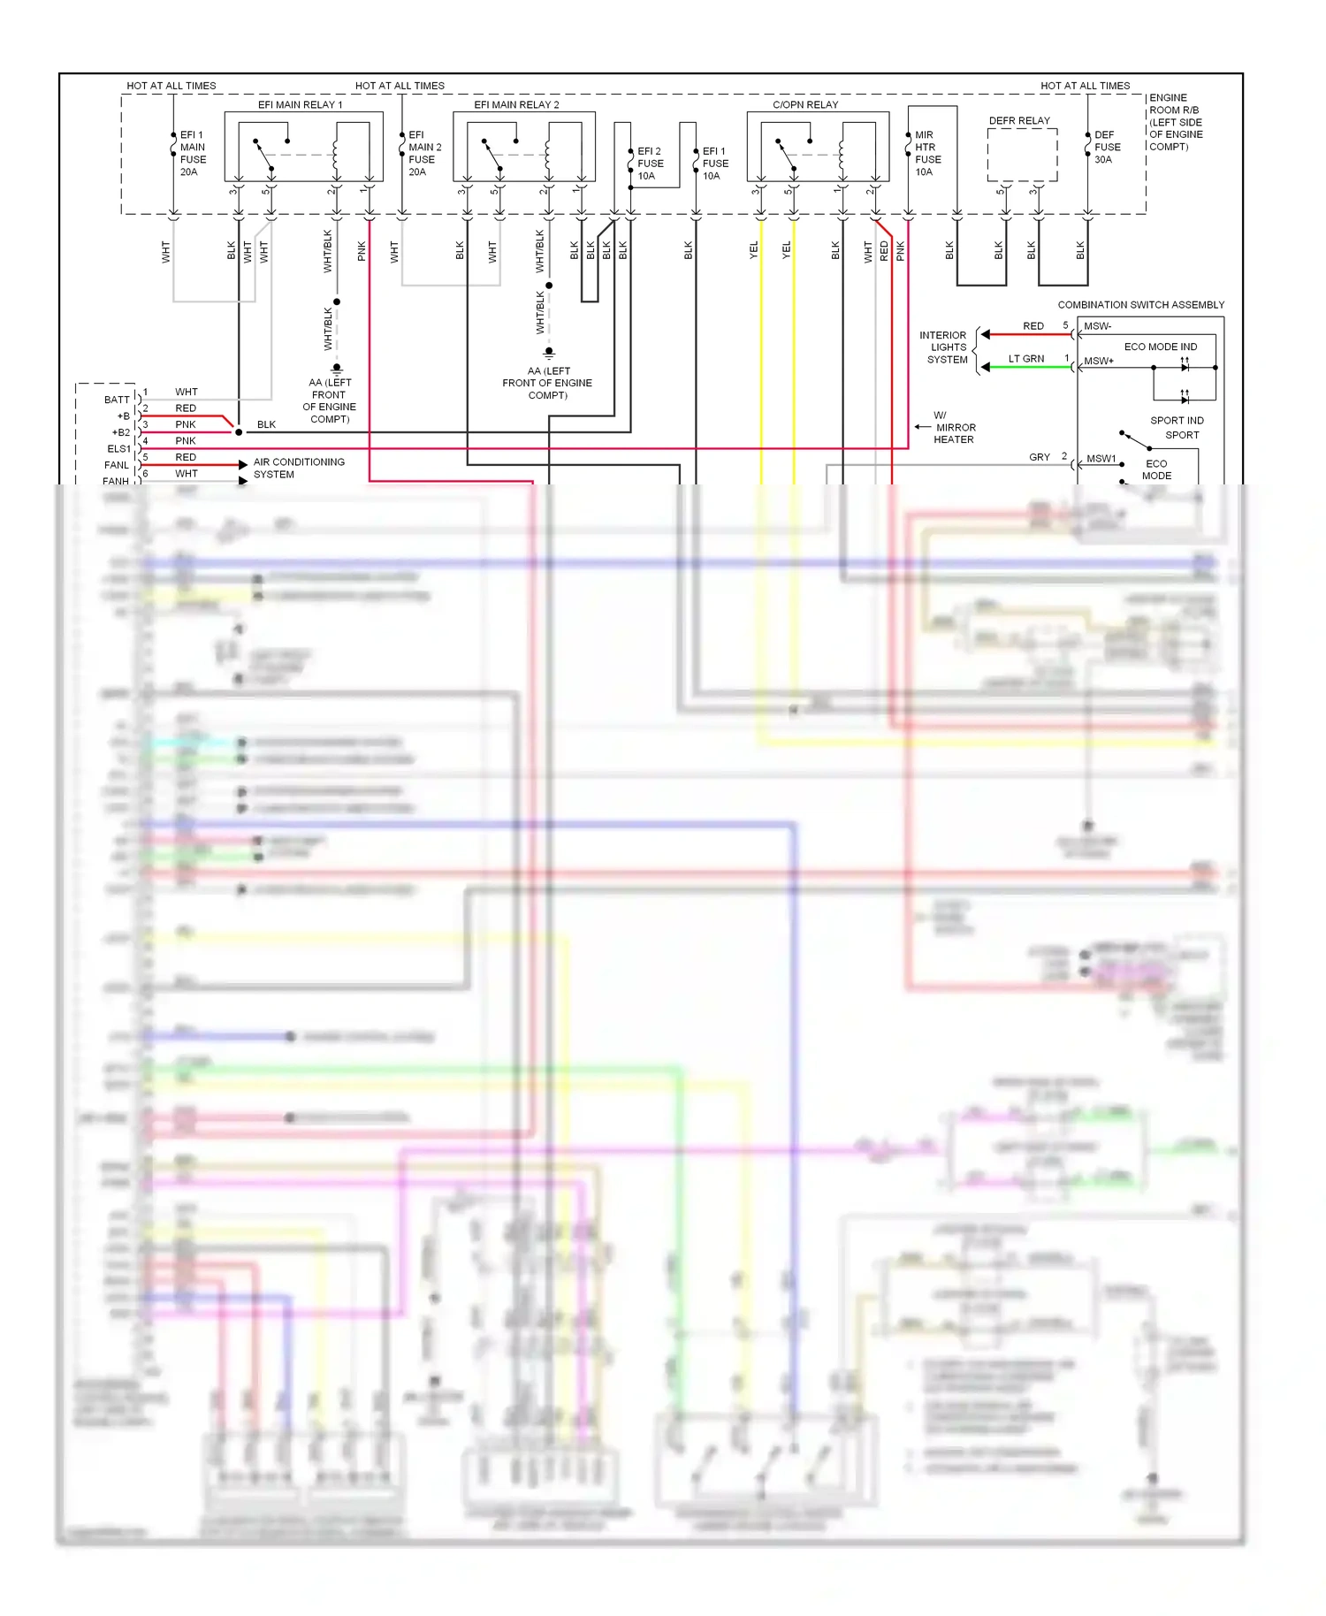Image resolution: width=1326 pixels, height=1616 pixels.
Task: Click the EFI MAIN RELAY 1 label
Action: (x=300, y=104)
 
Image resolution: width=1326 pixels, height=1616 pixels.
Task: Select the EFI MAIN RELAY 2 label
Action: (x=516, y=104)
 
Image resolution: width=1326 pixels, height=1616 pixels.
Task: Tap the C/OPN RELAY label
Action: (x=805, y=104)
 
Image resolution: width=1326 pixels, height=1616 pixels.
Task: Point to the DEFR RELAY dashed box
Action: (x=1022, y=155)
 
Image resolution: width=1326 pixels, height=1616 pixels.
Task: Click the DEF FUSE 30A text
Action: (x=1107, y=148)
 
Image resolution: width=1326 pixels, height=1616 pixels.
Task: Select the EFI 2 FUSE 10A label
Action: (x=650, y=164)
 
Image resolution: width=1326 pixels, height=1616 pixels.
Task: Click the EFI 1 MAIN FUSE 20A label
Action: (x=193, y=154)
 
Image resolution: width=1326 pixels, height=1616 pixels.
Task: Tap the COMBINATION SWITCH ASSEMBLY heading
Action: (x=1140, y=305)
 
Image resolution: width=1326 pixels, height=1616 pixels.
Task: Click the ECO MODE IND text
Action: (x=1160, y=347)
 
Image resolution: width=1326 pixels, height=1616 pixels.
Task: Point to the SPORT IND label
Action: (x=1177, y=421)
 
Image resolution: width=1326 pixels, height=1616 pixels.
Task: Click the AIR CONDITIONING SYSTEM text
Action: (x=298, y=468)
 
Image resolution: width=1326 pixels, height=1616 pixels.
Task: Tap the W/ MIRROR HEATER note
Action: (x=954, y=427)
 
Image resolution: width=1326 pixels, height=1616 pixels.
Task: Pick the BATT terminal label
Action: (x=117, y=400)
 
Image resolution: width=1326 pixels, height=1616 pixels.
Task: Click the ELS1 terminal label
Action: (x=118, y=449)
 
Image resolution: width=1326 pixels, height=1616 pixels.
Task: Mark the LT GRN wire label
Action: (x=1025, y=359)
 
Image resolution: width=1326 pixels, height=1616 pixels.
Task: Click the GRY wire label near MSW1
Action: (x=1039, y=457)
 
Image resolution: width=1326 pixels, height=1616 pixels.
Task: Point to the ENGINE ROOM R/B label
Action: (x=1175, y=122)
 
